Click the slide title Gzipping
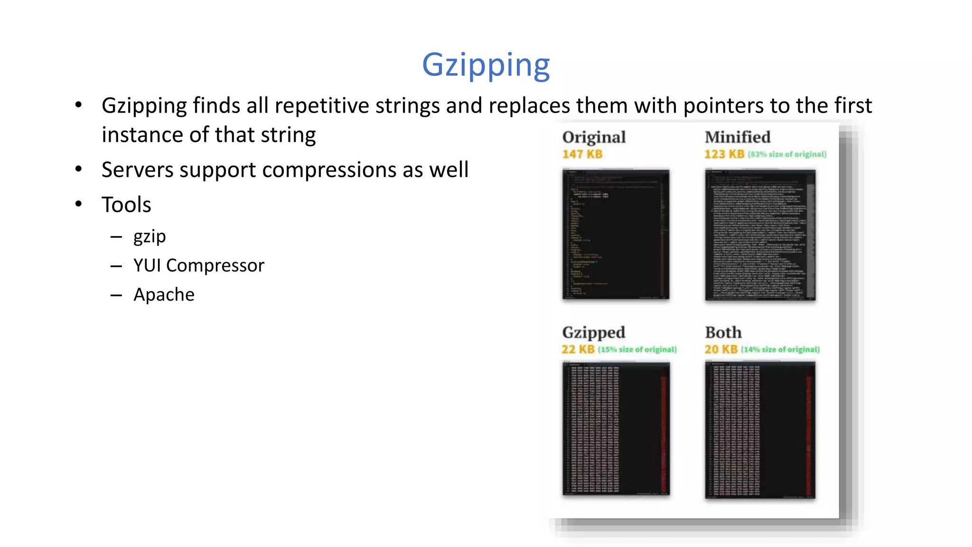[486, 65]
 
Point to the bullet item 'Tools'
[126, 205]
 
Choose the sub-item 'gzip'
[150, 236]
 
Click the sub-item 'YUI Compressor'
[198, 265]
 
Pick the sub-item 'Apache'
[164, 294]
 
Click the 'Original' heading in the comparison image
[594, 137]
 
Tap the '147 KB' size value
[582, 154]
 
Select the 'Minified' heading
[738, 137]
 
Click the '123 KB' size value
[724, 154]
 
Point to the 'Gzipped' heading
[593, 332]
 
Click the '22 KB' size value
[578, 349]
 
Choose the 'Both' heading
[723, 332]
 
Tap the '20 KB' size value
[721, 349]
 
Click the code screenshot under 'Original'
[616, 235]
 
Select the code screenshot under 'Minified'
[760, 235]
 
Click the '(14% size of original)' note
[780, 350]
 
